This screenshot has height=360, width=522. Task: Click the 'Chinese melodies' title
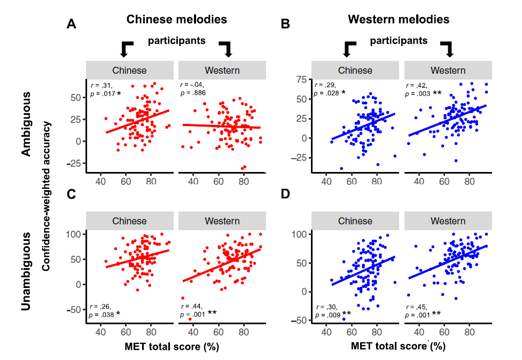pos(176,19)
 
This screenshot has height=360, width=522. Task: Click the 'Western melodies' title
pos(398,20)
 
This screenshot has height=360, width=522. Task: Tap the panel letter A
pos(71,24)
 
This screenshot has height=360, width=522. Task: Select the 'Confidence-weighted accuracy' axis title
pos(47,195)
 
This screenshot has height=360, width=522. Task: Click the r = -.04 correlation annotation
pos(192,84)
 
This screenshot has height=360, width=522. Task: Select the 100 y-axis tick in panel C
pos(73,234)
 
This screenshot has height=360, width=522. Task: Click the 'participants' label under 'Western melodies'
pos(399,41)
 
